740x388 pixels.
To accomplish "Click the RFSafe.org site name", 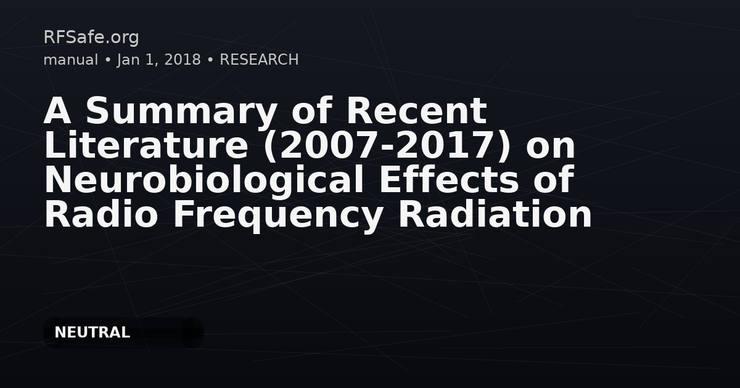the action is [91, 37].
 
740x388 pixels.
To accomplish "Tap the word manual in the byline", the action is [71, 60].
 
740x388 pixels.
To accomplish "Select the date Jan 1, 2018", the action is [159, 60].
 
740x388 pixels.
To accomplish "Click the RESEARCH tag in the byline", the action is [260, 60].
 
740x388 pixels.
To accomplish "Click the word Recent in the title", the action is [417, 110].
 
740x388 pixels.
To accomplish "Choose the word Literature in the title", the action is [146, 145].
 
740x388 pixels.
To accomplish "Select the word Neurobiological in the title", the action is [204, 180].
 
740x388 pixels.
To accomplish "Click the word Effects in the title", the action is [449, 180].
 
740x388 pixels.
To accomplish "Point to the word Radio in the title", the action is [101, 214].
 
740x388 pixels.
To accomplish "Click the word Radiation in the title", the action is [495, 214].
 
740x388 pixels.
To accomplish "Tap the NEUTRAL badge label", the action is [92, 333].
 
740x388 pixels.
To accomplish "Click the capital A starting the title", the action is [57, 110].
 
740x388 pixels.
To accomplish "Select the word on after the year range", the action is [551, 149].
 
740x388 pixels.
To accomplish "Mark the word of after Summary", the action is [311, 110].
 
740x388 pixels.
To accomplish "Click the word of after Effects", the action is [554, 179].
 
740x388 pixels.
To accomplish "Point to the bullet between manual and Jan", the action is [107, 60].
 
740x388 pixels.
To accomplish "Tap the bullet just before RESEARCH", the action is [210, 60].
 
